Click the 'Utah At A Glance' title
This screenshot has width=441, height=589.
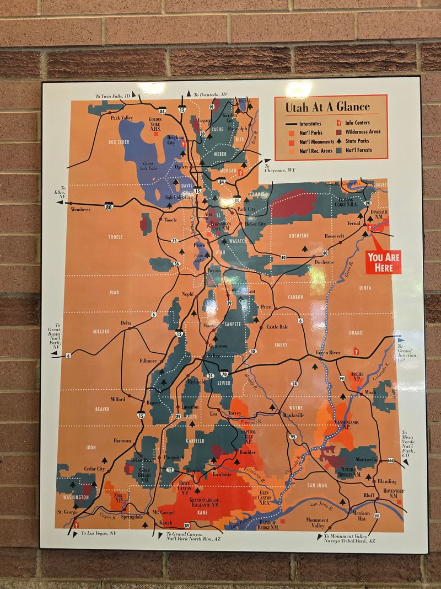[x=327, y=107]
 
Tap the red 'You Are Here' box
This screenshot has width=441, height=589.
[x=384, y=262]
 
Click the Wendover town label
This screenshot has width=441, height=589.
[x=80, y=210]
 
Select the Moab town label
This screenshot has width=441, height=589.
[x=371, y=392]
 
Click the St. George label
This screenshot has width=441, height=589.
[x=68, y=512]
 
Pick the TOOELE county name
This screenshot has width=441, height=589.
[x=115, y=237]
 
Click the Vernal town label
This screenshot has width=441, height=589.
[x=353, y=224]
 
